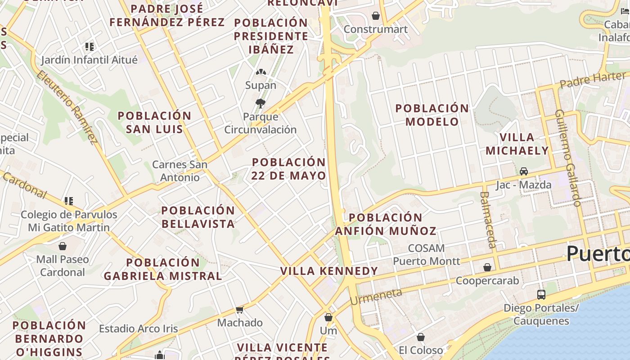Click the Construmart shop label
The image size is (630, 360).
point(375,29)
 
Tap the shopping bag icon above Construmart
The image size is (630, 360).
point(376,16)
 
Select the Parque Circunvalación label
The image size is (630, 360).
point(261,123)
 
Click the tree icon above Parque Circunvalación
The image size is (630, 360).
point(260,103)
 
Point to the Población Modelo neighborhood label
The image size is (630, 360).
point(432,115)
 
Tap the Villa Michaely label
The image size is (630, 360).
point(517,144)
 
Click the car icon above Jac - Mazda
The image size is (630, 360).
point(524,171)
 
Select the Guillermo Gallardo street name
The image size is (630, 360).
point(568,157)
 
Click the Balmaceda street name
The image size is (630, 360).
point(488,220)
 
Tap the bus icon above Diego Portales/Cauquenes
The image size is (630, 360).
point(541,295)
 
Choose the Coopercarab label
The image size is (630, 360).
point(487,281)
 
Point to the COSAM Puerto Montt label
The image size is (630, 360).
point(426,255)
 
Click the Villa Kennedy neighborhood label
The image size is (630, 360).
point(329,271)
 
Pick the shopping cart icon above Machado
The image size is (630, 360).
point(239,310)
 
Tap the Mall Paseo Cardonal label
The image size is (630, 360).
point(63,265)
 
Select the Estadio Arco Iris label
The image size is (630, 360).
point(139,329)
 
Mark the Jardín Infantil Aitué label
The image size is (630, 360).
point(89,60)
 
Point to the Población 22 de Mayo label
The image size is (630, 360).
point(288,169)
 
